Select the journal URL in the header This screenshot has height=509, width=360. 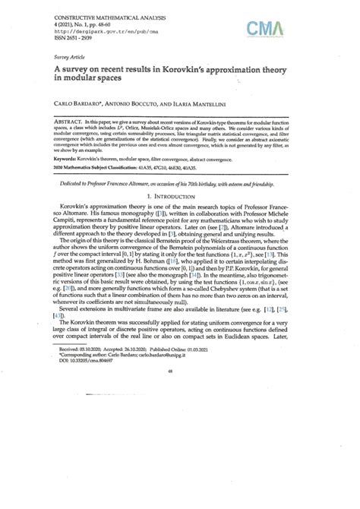coord(84,31)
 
